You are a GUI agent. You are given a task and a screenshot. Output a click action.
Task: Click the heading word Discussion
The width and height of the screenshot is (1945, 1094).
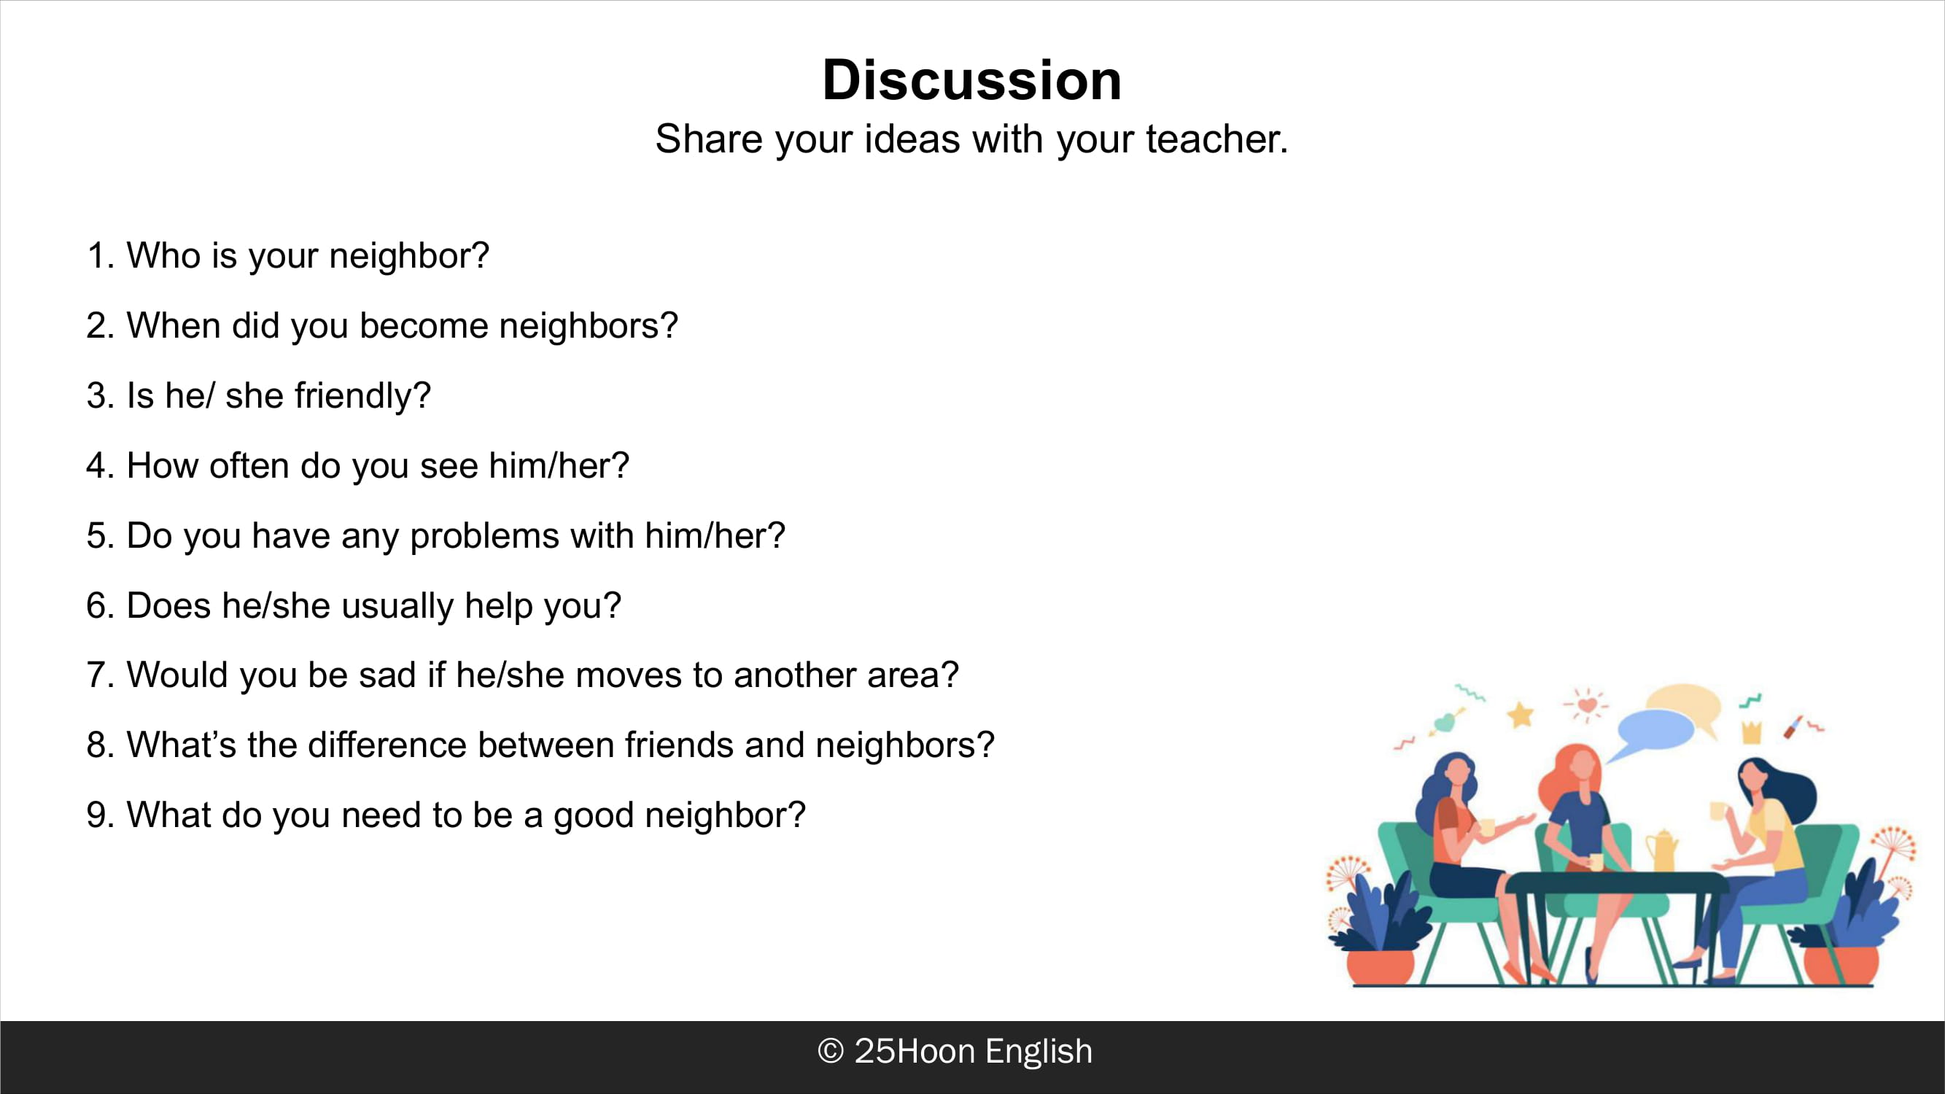[971, 80]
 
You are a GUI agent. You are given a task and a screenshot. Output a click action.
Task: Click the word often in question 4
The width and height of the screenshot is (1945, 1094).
[249, 465]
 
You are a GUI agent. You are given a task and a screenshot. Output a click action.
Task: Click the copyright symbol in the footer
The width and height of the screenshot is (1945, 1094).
[831, 1052]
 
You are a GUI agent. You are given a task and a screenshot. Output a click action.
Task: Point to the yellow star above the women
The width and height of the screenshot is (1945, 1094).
[1520, 713]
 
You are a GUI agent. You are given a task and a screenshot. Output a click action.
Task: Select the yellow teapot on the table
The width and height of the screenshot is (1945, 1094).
[1661, 851]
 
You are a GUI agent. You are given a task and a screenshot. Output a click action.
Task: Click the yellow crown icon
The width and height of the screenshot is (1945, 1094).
[1751, 732]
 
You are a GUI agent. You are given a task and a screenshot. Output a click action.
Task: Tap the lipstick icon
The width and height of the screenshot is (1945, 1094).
[1794, 726]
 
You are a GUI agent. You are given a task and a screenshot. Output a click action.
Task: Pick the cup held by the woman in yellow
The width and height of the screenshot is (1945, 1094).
[1718, 812]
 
